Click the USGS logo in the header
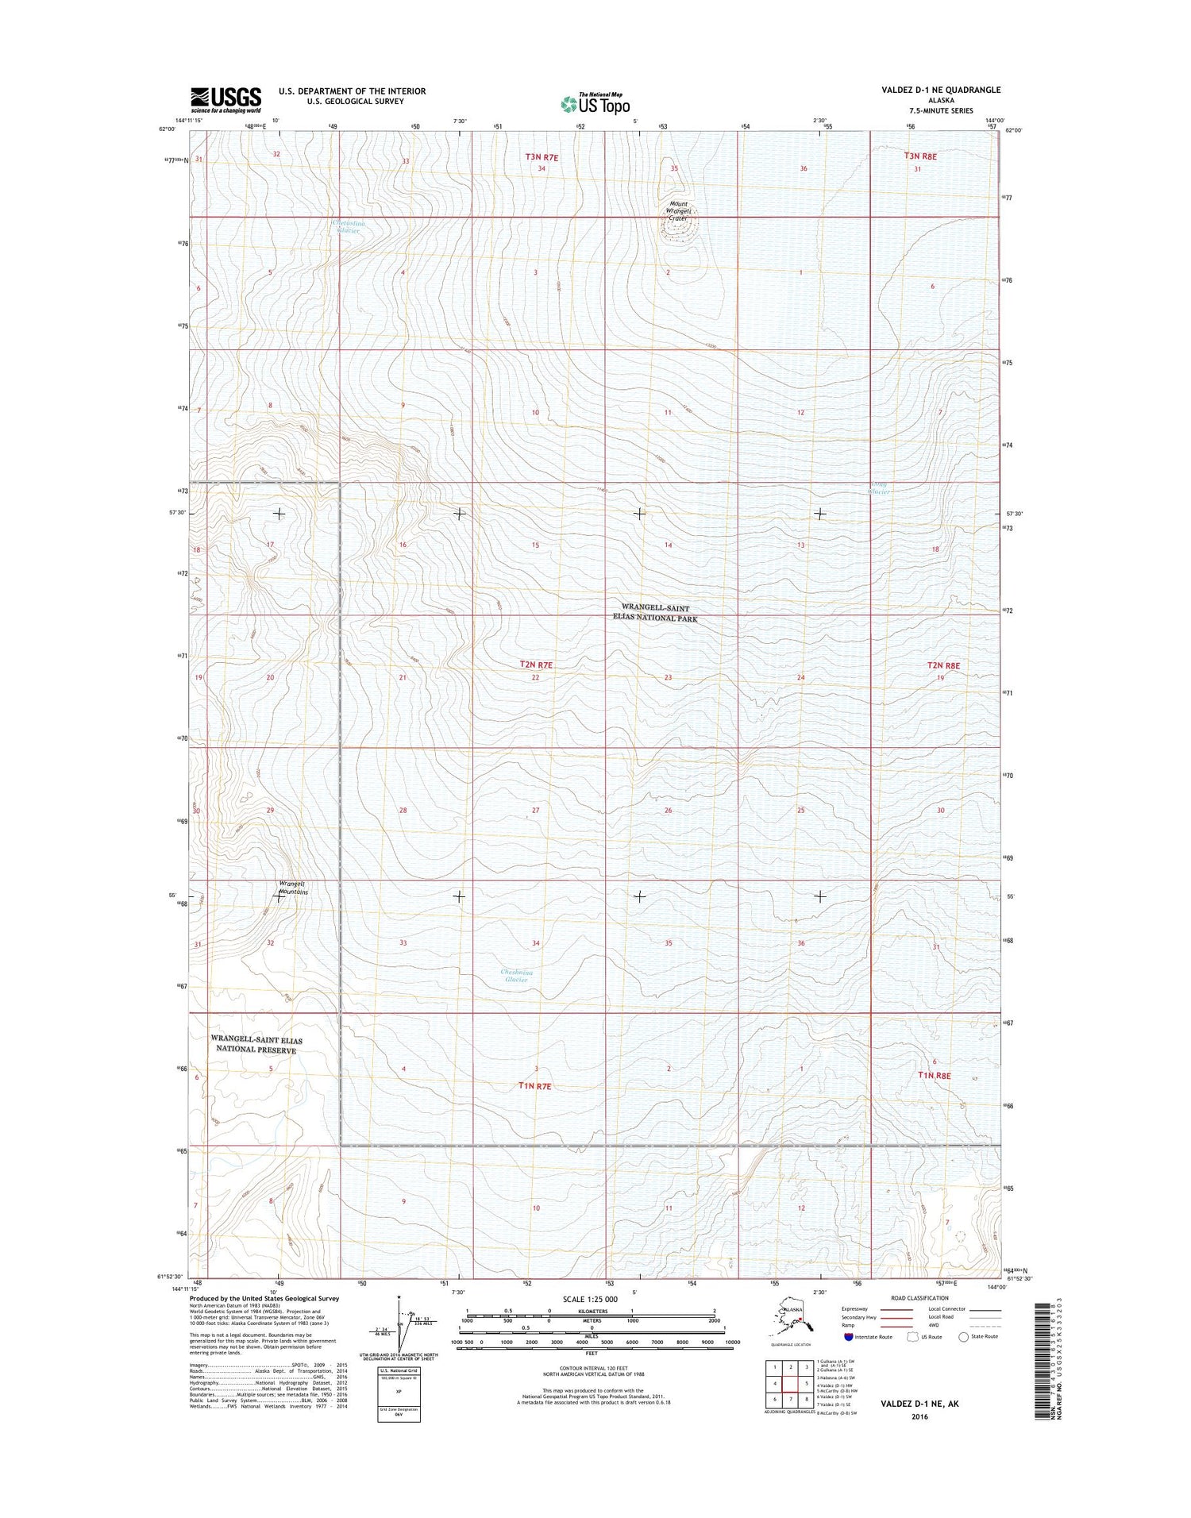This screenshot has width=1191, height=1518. point(225,100)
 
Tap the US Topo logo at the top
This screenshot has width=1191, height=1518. point(595,103)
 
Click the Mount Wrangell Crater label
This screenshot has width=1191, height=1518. point(678,210)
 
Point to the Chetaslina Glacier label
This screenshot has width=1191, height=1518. point(348,227)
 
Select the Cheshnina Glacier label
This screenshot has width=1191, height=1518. point(516,975)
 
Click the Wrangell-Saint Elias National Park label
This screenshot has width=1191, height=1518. point(655,613)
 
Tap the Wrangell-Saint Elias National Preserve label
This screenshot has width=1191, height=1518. point(256,1044)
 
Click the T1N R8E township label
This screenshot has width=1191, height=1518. point(934,1075)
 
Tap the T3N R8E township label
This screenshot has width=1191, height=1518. point(919,157)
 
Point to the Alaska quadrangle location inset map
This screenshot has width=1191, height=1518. point(794,1322)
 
